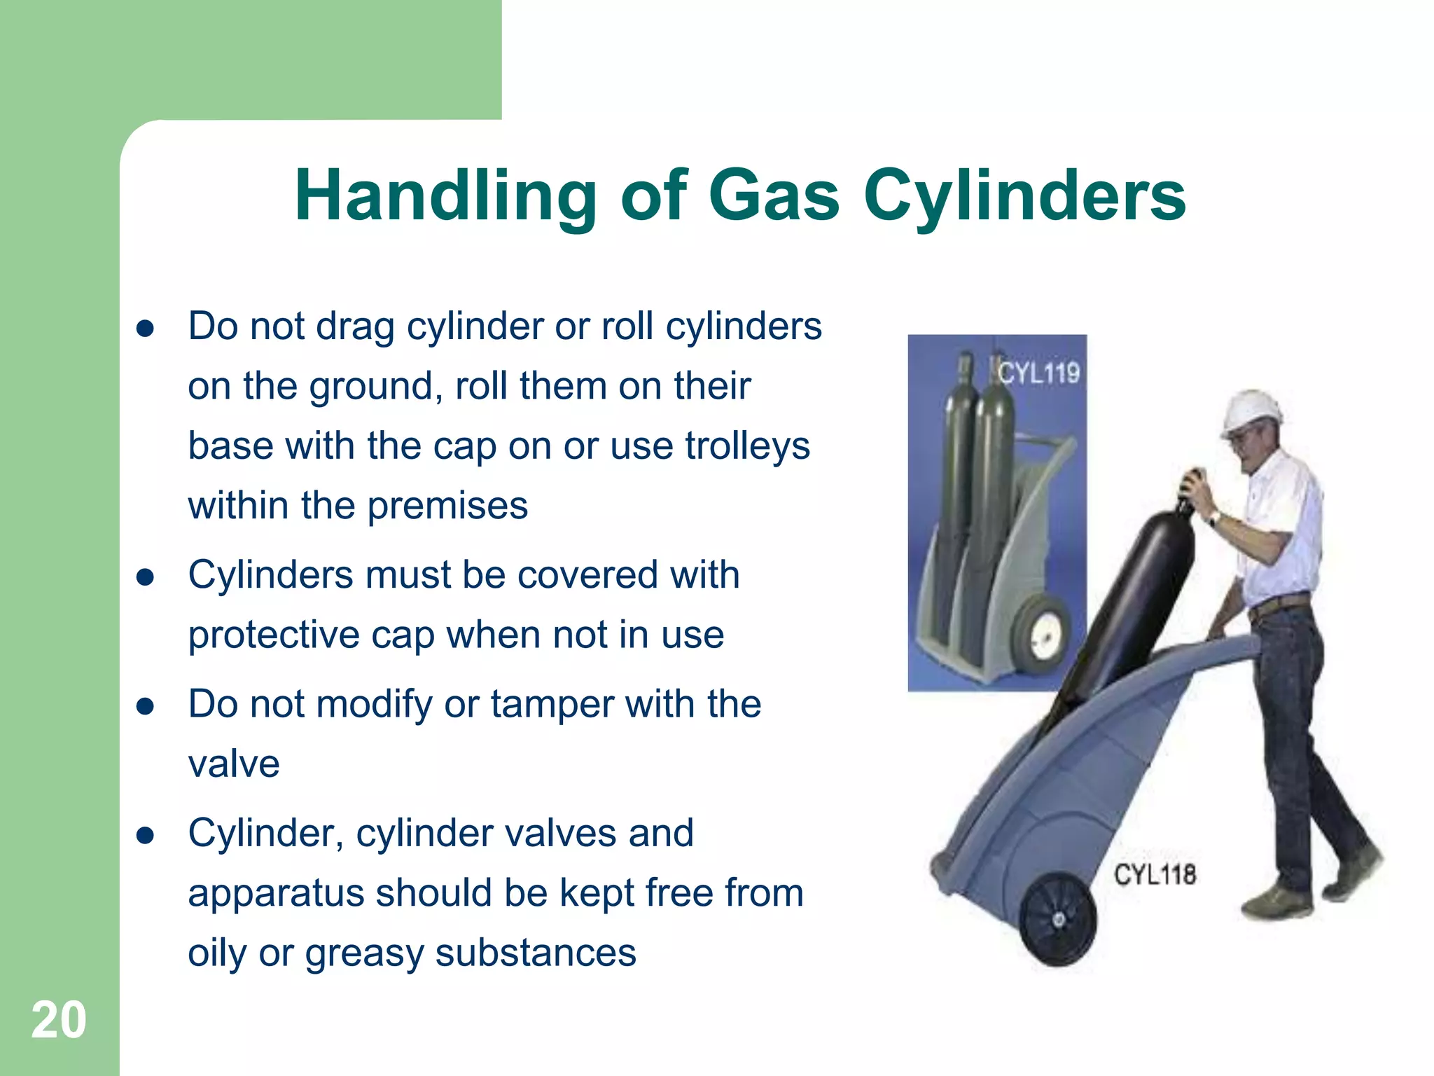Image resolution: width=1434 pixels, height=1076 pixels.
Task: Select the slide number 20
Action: [59, 1020]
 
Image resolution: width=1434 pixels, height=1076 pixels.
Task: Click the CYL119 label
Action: [1038, 373]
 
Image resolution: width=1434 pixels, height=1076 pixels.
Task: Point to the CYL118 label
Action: [1155, 875]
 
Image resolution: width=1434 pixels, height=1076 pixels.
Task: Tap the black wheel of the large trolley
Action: [1058, 918]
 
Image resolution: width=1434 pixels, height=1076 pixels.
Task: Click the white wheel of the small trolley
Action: [1042, 634]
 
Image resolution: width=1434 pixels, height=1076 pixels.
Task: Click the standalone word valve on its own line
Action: [234, 764]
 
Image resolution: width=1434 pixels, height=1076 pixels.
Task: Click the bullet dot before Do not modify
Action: [145, 706]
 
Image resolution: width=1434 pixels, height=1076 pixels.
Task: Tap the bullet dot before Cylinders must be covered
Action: [145, 577]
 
